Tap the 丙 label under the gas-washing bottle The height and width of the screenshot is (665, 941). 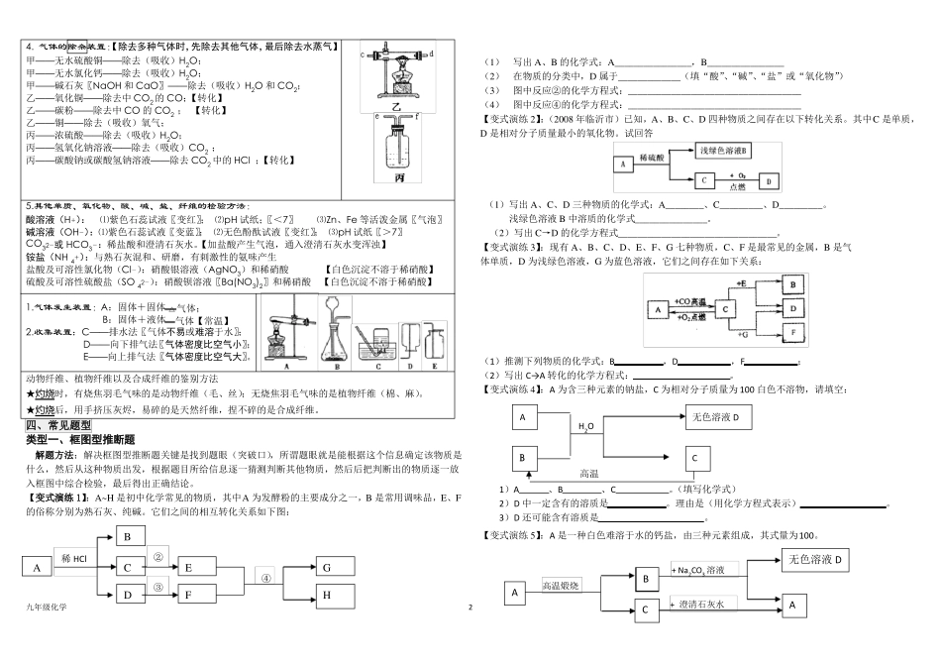pos(399,177)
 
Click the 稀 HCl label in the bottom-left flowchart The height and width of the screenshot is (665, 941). pos(79,558)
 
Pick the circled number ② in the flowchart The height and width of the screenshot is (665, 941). pos(157,557)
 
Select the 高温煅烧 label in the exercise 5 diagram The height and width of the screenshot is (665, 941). pos(565,585)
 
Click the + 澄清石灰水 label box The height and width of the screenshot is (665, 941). pos(701,604)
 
